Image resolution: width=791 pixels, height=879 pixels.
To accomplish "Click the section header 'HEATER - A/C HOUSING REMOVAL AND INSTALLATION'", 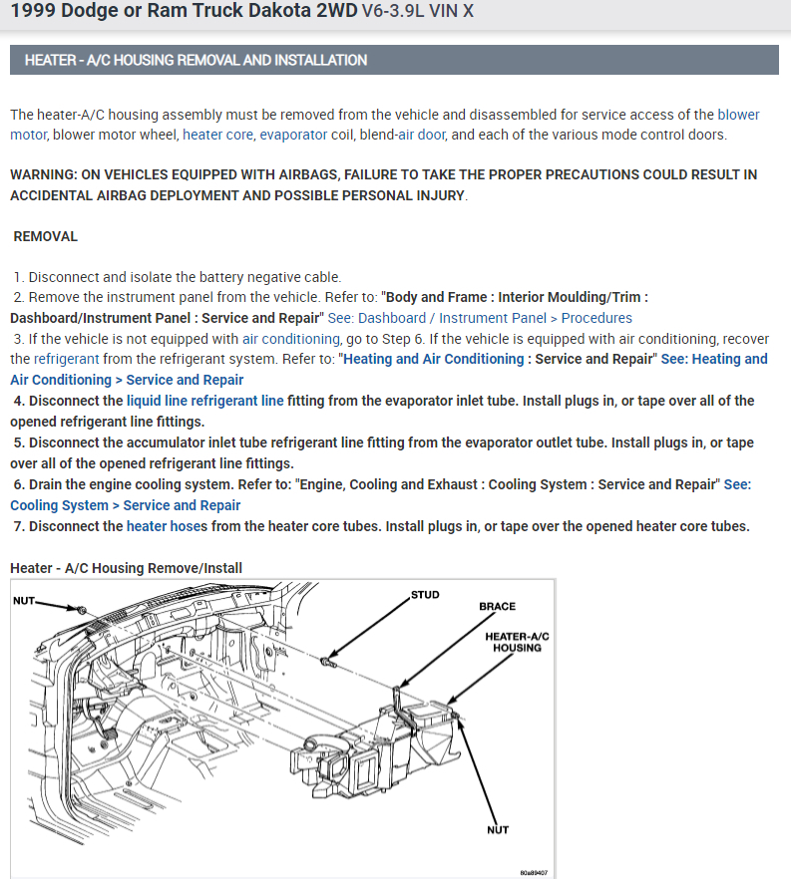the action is [x=196, y=60].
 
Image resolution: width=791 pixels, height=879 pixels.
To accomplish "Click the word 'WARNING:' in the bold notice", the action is [x=45, y=174].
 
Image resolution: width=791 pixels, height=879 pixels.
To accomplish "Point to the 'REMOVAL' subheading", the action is [x=46, y=236].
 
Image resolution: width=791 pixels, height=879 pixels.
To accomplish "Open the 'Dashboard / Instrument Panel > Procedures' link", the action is [x=495, y=318].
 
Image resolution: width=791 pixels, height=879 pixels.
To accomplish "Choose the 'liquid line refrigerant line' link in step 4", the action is [x=205, y=401].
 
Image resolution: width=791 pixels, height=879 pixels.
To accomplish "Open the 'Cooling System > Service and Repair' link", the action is [x=126, y=505].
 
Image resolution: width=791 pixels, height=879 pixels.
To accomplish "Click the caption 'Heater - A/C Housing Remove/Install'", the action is [x=126, y=568].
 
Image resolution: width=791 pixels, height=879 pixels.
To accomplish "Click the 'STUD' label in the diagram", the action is [x=425, y=595].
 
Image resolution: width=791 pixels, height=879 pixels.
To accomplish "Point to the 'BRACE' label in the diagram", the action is [x=497, y=606].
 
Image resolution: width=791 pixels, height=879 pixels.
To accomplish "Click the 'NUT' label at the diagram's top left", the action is [x=25, y=600].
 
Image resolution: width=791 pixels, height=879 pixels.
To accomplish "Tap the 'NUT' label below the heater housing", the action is [x=497, y=829].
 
